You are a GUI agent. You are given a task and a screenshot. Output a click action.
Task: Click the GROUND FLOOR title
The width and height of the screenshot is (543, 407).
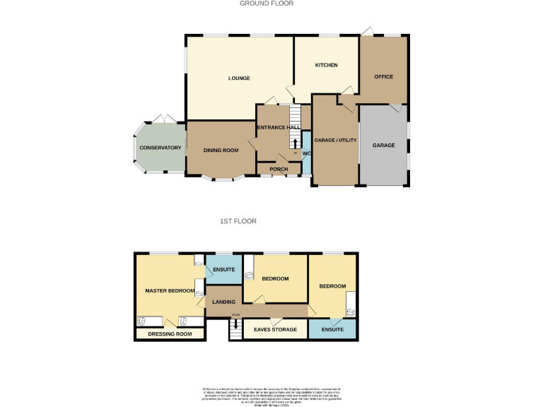[267, 4]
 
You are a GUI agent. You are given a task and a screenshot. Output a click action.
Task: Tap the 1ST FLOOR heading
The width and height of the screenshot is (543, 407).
[238, 221]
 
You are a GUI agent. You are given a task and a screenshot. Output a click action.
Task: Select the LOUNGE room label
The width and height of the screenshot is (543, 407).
[239, 78]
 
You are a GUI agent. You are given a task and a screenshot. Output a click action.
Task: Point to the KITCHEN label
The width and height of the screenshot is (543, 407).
[326, 65]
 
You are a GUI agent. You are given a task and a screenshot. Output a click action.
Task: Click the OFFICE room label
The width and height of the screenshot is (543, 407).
[383, 76]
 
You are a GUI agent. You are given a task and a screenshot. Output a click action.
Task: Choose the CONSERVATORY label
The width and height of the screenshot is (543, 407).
[160, 148]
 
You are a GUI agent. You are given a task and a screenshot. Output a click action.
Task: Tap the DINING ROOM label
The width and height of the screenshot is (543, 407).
[221, 150]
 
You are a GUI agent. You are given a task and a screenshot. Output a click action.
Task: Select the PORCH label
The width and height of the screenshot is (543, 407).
[279, 169]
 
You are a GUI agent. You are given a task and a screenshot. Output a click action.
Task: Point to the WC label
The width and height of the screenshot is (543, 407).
[306, 153]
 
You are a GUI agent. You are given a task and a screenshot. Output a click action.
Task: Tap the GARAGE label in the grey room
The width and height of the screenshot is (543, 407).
[384, 146]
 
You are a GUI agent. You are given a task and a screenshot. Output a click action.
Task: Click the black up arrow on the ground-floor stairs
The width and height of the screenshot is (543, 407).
[294, 143]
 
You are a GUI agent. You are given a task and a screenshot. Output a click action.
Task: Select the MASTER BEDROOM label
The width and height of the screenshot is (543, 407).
[170, 290]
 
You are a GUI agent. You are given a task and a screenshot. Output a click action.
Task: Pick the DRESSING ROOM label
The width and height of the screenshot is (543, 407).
[170, 334]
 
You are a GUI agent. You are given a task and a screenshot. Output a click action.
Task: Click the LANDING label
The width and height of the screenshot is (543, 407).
[224, 302]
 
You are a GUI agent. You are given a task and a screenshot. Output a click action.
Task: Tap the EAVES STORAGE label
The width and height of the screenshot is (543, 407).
[275, 329]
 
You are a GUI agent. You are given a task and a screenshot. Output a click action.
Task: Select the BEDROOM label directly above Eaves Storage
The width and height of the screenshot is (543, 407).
[275, 278]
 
